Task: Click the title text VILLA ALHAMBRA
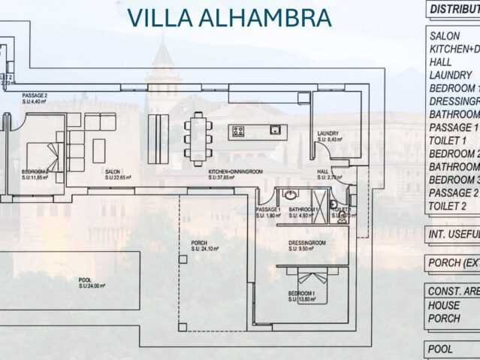tap(229, 17)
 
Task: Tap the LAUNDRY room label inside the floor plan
tap(328, 133)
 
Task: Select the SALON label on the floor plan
tap(113, 171)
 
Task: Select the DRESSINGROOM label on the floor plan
tap(306, 243)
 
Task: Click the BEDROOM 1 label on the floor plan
tap(302, 293)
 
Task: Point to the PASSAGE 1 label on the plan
tap(267, 209)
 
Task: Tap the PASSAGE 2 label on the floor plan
tap(35, 96)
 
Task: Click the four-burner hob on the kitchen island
tap(239, 131)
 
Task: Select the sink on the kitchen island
tap(276, 129)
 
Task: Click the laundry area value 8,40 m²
tap(330, 140)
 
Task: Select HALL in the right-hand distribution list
tap(440, 62)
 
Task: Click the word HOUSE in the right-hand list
tap(444, 305)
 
